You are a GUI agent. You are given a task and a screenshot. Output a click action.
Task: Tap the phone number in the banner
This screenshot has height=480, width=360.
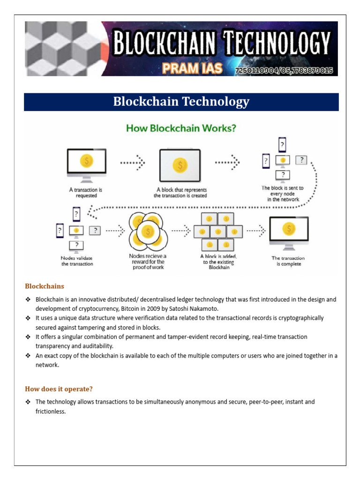coord(284,70)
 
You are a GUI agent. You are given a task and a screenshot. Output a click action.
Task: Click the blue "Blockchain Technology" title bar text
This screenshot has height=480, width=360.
coord(181,102)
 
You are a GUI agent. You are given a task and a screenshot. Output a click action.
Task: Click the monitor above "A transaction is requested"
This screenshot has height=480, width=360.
coord(86,164)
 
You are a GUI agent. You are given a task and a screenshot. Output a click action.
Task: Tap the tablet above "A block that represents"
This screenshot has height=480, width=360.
coord(180,165)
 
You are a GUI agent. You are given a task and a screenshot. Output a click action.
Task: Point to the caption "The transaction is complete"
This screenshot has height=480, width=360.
coord(288,261)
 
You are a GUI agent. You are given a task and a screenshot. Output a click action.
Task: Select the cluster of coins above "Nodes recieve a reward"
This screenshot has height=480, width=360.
coord(147,232)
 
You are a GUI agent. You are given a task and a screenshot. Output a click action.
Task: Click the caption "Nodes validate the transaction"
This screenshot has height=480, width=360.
coord(77,261)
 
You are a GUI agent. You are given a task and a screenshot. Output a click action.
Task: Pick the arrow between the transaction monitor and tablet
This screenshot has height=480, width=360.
coord(133,163)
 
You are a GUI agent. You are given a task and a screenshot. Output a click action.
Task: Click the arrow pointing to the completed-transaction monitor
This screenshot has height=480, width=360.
coord(256,231)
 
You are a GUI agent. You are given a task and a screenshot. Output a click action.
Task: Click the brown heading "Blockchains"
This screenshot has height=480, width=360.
coord(45,286)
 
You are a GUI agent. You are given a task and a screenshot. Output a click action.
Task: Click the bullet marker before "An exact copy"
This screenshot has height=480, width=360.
coord(28,356)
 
